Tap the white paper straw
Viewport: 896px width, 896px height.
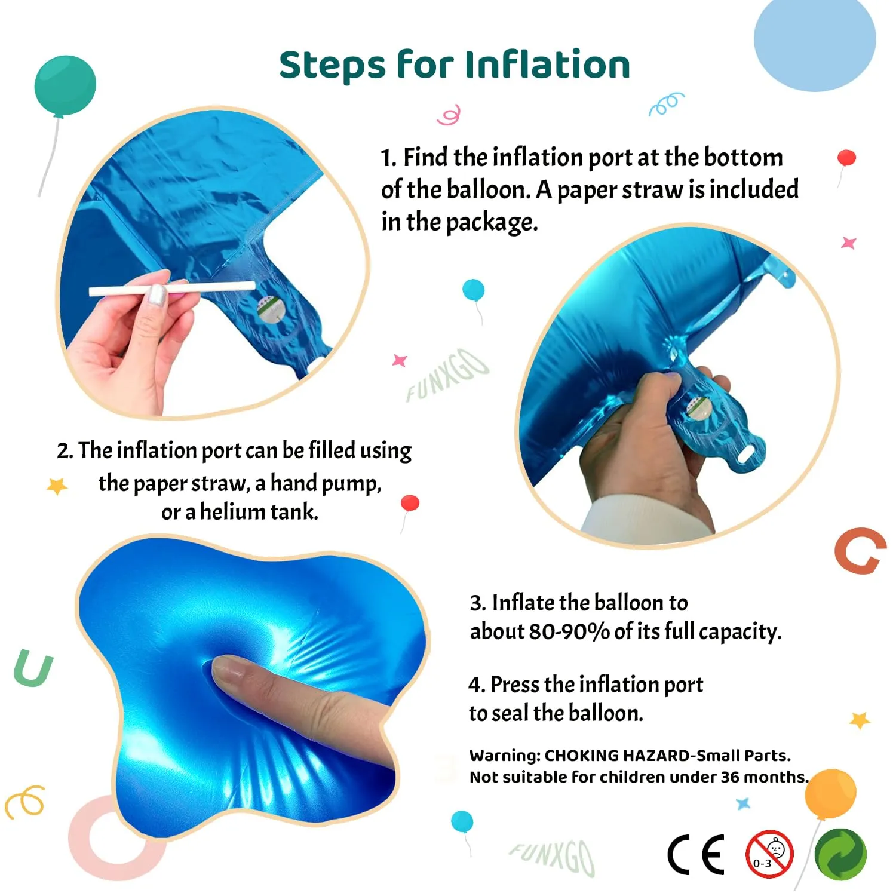point(173,289)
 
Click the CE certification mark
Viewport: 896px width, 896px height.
point(696,854)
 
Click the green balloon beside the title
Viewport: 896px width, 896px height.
point(65,85)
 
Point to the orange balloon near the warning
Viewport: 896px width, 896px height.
point(830,793)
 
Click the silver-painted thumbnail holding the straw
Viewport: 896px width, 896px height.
point(157,296)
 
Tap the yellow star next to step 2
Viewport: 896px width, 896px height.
point(57,486)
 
